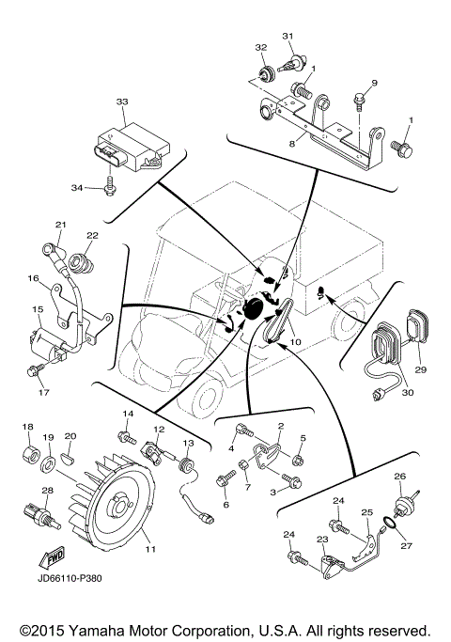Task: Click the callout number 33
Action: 121,101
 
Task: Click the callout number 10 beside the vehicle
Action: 295,343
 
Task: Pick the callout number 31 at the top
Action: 288,36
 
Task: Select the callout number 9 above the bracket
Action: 373,84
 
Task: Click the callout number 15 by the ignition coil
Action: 39,309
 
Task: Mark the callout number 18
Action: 27,427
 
